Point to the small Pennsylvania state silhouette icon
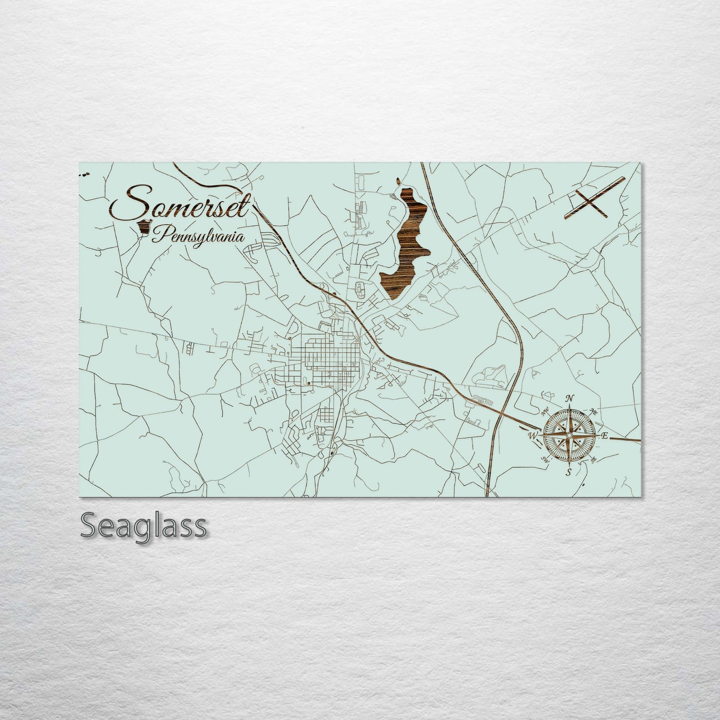point(145,227)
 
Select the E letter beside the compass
point(605,436)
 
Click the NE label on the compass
point(593,411)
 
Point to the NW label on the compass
point(545,412)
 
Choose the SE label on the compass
point(593,460)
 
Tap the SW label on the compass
point(545,460)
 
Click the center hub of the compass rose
point(569,435)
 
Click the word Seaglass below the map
point(144,526)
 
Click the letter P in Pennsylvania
point(158,235)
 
